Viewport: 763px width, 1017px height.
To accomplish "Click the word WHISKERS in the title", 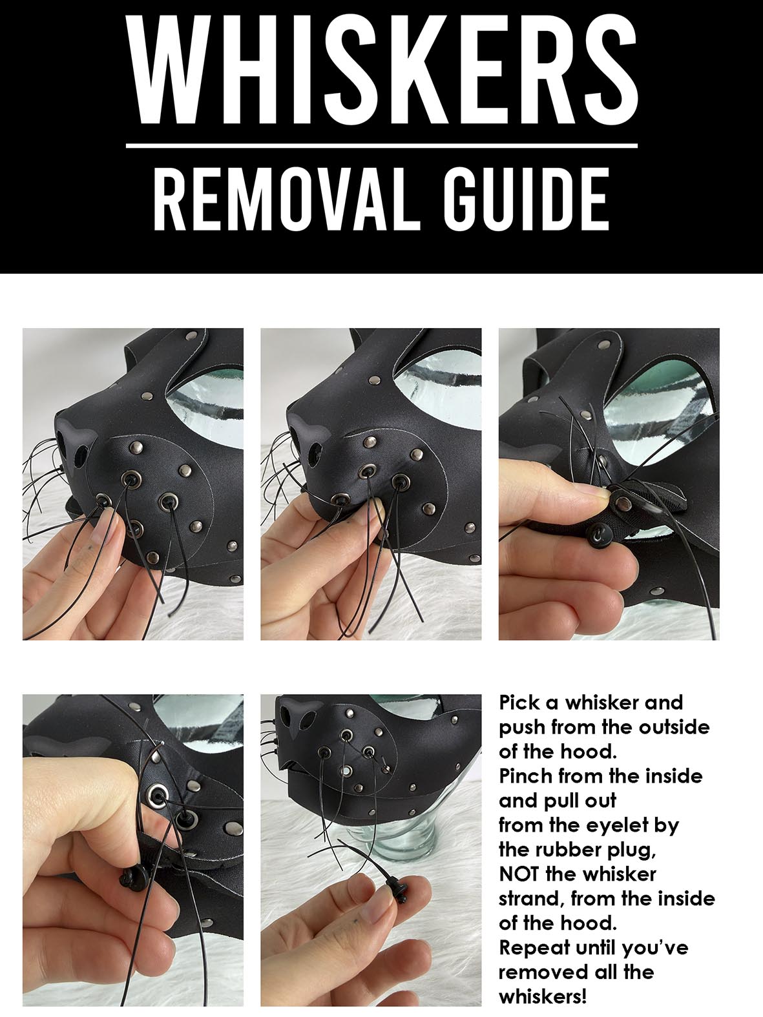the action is point(382,69).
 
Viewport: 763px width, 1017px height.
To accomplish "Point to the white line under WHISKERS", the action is point(381,146).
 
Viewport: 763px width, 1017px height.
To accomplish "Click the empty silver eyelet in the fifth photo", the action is point(346,771).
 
